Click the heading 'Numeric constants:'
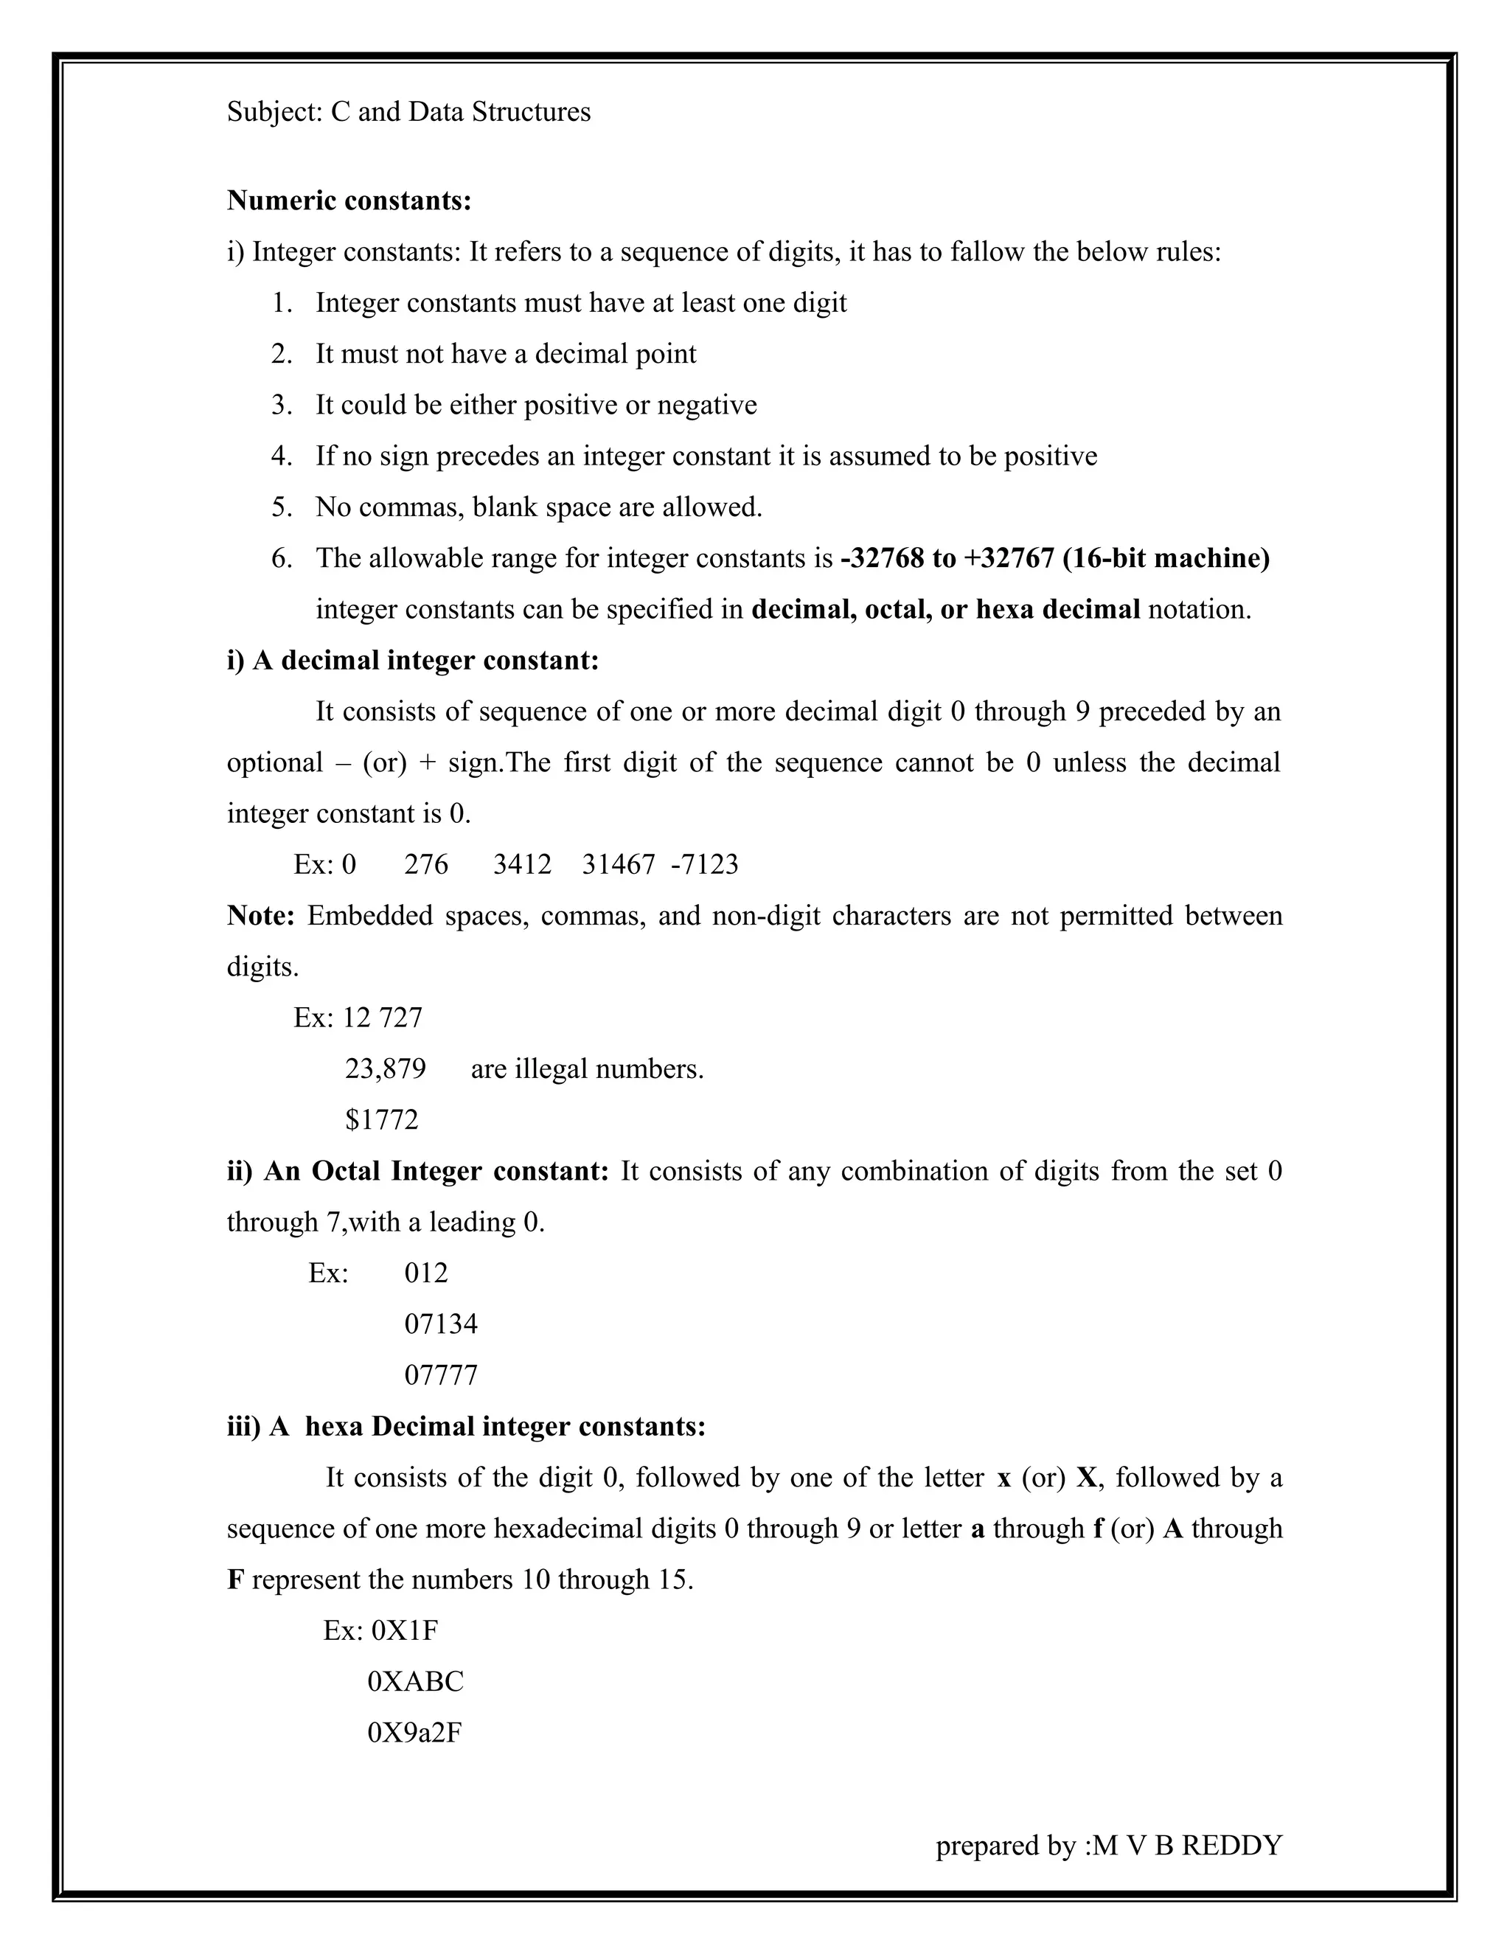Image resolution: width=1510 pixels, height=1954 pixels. [349, 201]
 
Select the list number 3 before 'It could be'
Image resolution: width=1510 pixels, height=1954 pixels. [282, 406]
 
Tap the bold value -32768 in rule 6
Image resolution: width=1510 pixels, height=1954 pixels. [881, 558]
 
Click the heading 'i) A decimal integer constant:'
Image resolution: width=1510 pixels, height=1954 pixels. [412, 660]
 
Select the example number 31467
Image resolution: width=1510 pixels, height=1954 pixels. [618, 864]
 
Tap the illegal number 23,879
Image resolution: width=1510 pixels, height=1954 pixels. [386, 1068]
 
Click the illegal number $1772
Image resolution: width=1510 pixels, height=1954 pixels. [382, 1119]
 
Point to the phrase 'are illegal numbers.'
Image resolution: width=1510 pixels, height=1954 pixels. [587, 1068]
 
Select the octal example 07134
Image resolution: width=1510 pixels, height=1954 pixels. [441, 1324]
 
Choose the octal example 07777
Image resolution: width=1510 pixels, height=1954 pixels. [441, 1374]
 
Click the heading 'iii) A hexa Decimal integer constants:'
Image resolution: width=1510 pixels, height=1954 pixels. [466, 1426]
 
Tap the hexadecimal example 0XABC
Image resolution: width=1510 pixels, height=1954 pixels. [415, 1681]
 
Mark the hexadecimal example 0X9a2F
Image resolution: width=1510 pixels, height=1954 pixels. [414, 1732]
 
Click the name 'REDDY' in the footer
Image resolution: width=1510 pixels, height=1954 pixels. [1231, 1845]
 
